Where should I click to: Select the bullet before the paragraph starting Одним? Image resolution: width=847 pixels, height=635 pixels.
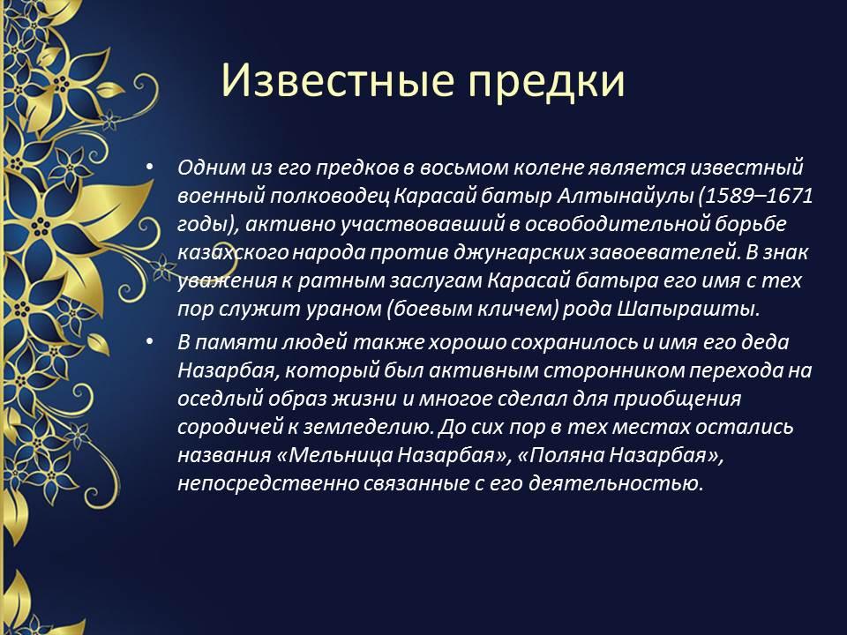click(150, 167)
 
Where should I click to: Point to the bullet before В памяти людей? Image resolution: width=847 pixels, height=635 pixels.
click(150, 342)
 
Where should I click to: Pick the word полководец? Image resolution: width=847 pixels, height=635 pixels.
click(329, 196)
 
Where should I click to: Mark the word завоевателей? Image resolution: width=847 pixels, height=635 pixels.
click(664, 252)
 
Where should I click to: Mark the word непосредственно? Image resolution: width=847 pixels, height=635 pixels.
click(267, 483)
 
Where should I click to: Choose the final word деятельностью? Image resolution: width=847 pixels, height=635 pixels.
click(617, 483)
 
